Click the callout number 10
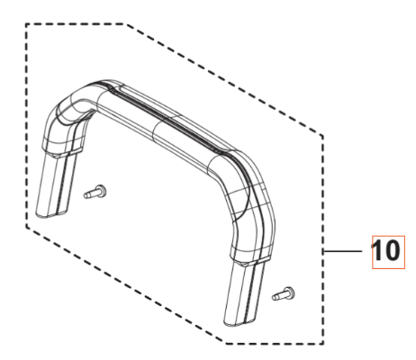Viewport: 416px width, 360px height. click(x=383, y=255)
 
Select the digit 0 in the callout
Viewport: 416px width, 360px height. click(x=390, y=255)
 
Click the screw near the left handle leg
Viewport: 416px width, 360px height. click(x=95, y=191)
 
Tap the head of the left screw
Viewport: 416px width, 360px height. click(x=101, y=190)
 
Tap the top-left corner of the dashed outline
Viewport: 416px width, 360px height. click(x=29, y=25)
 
